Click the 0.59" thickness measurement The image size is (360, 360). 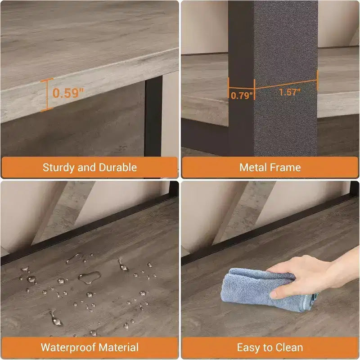click(68, 93)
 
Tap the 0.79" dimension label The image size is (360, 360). click(242, 95)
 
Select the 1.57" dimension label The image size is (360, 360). click(290, 92)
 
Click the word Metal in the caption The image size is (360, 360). click(253, 167)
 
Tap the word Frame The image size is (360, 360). click(285, 167)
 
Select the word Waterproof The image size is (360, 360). click(68, 347)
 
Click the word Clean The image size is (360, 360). click(289, 347)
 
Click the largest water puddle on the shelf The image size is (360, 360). click(90, 277)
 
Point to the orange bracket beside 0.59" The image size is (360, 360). click(47, 95)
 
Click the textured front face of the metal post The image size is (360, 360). click(286, 78)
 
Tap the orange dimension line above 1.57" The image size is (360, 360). click(286, 84)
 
